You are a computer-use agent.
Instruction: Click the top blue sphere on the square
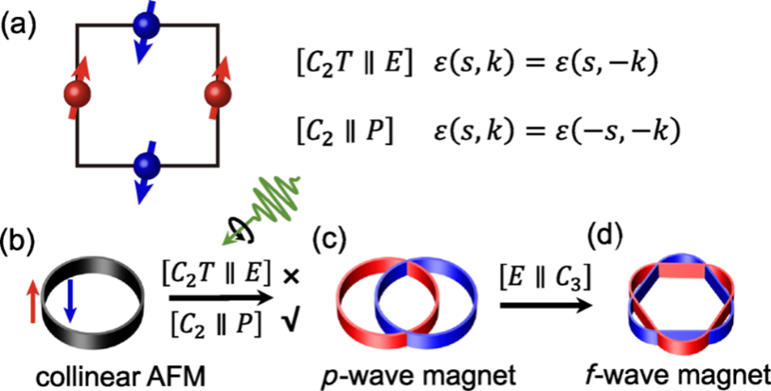pos(145,27)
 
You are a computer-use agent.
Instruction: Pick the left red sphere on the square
pos(76,95)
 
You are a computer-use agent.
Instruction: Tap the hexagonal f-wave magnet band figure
pos(680,299)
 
